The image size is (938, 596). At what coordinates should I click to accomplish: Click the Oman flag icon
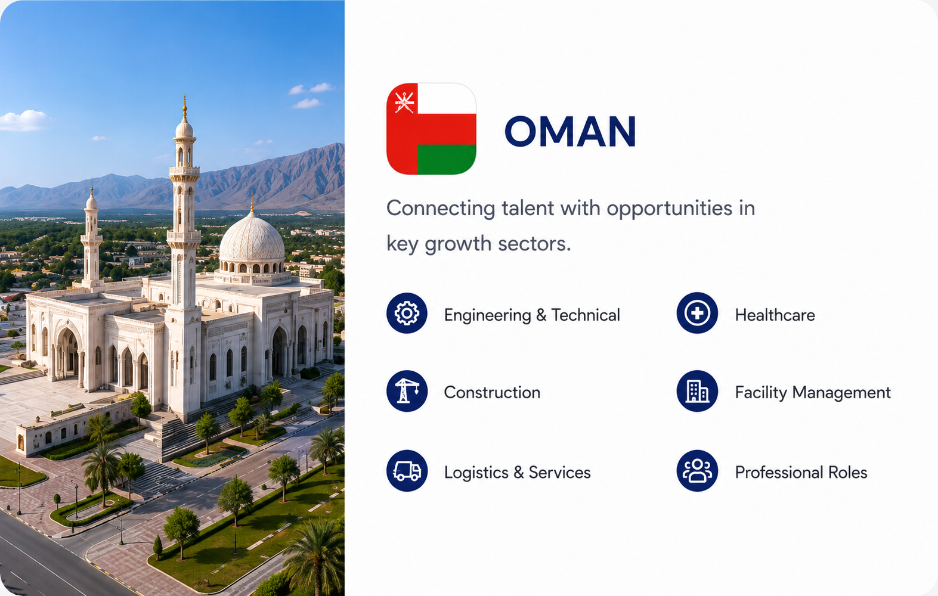point(431,129)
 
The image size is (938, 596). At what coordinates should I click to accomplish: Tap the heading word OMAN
point(570,131)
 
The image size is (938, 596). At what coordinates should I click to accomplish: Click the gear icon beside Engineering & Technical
point(407,313)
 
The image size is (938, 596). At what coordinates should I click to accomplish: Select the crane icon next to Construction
point(407,391)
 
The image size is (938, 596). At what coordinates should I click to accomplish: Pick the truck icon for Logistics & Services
point(407,470)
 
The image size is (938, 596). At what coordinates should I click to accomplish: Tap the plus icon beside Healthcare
point(697,313)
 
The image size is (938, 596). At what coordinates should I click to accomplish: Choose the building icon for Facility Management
point(697,391)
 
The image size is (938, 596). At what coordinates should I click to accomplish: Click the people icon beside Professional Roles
point(697,470)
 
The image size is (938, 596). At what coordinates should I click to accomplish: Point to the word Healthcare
point(775,315)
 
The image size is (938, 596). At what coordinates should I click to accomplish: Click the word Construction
point(492,393)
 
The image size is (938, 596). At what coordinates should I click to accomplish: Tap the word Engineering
point(487,316)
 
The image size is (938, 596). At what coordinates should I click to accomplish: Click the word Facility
point(761,393)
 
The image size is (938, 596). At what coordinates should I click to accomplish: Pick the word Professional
point(779,473)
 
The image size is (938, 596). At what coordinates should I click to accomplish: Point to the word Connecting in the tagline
point(441,209)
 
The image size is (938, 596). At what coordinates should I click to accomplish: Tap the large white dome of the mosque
point(252,238)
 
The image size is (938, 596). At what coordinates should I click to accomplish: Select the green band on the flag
point(447,160)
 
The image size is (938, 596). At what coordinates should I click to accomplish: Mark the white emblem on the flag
point(404,102)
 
